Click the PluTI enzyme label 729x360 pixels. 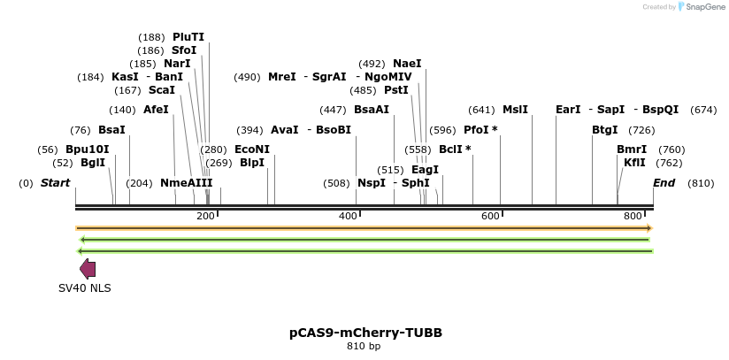(x=188, y=37)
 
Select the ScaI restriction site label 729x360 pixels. (x=162, y=90)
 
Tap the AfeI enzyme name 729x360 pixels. (x=156, y=110)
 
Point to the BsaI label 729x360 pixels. (x=111, y=130)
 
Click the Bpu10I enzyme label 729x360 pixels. (x=88, y=149)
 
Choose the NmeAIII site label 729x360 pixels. (x=187, y=183)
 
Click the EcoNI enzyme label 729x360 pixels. (x=252, y=149)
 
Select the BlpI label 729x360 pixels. (x=252, y=163)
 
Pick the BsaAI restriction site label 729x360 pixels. (x=372, y=110)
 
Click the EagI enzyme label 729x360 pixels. (x=426, y=170)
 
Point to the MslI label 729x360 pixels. (x=515, y=110)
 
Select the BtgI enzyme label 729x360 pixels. (x=605, y=130)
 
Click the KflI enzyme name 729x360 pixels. (x=634, y=163)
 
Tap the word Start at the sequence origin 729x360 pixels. (x=55, y=183)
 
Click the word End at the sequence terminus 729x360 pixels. (x=664, y=183)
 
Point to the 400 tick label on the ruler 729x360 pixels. (x=348, y=216)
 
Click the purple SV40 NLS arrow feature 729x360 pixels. (x=88, y=269)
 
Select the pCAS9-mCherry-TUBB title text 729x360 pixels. (x=365, y=333)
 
